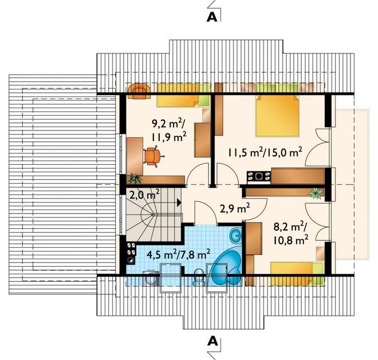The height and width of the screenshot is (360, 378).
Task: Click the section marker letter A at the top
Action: coord(212,17)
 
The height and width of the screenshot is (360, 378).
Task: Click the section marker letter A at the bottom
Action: coord(212,341)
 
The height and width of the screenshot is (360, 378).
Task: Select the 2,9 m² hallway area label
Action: coord(235,209)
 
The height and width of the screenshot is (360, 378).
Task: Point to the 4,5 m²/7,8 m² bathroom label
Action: coord(178,254)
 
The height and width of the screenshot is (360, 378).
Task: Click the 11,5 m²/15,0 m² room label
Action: coord(265,152)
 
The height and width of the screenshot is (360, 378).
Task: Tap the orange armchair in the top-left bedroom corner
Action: coord(139,91)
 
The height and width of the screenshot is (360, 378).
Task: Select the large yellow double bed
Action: coord(277,116)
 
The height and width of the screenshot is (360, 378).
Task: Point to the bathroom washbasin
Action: coord(236,234)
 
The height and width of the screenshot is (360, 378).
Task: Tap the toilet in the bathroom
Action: coord(199,277)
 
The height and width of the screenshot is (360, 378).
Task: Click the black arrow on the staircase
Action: coord(179,203)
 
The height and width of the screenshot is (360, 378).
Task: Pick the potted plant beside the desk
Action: coord(134,179)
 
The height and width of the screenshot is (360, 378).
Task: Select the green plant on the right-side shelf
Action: coord(316,193)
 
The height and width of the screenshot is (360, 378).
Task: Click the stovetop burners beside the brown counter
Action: coord(259,176)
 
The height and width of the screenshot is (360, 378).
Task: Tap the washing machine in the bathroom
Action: coord(151,279)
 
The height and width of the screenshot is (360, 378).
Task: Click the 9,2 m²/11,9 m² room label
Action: coord(169,130)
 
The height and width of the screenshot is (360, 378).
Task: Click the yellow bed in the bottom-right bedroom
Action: coord(297,274)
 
